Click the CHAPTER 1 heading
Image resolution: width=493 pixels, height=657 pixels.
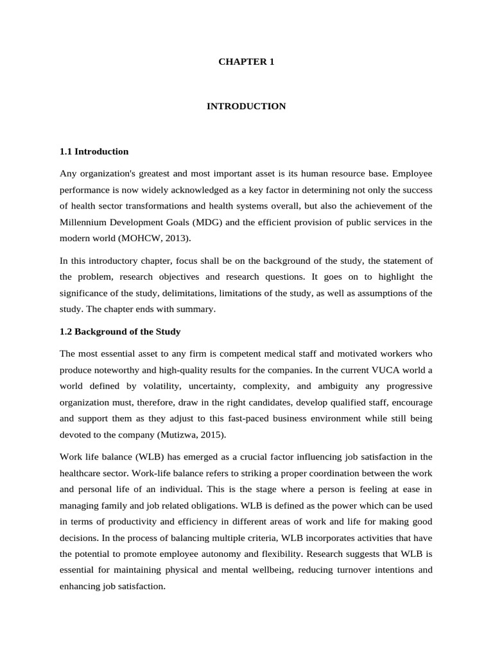[246, 62]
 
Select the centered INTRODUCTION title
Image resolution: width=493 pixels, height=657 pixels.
[246, 106]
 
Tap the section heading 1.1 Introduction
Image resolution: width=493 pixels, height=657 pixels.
[94, 151]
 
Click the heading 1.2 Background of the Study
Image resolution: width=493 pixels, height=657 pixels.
[120, 332]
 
